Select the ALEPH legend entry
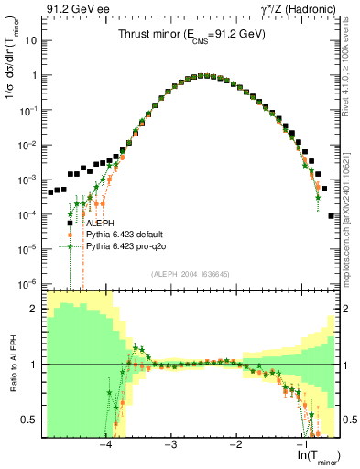coord(101,222)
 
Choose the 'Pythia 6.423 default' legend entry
coord(129,234)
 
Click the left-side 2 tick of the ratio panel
coord(34,309)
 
